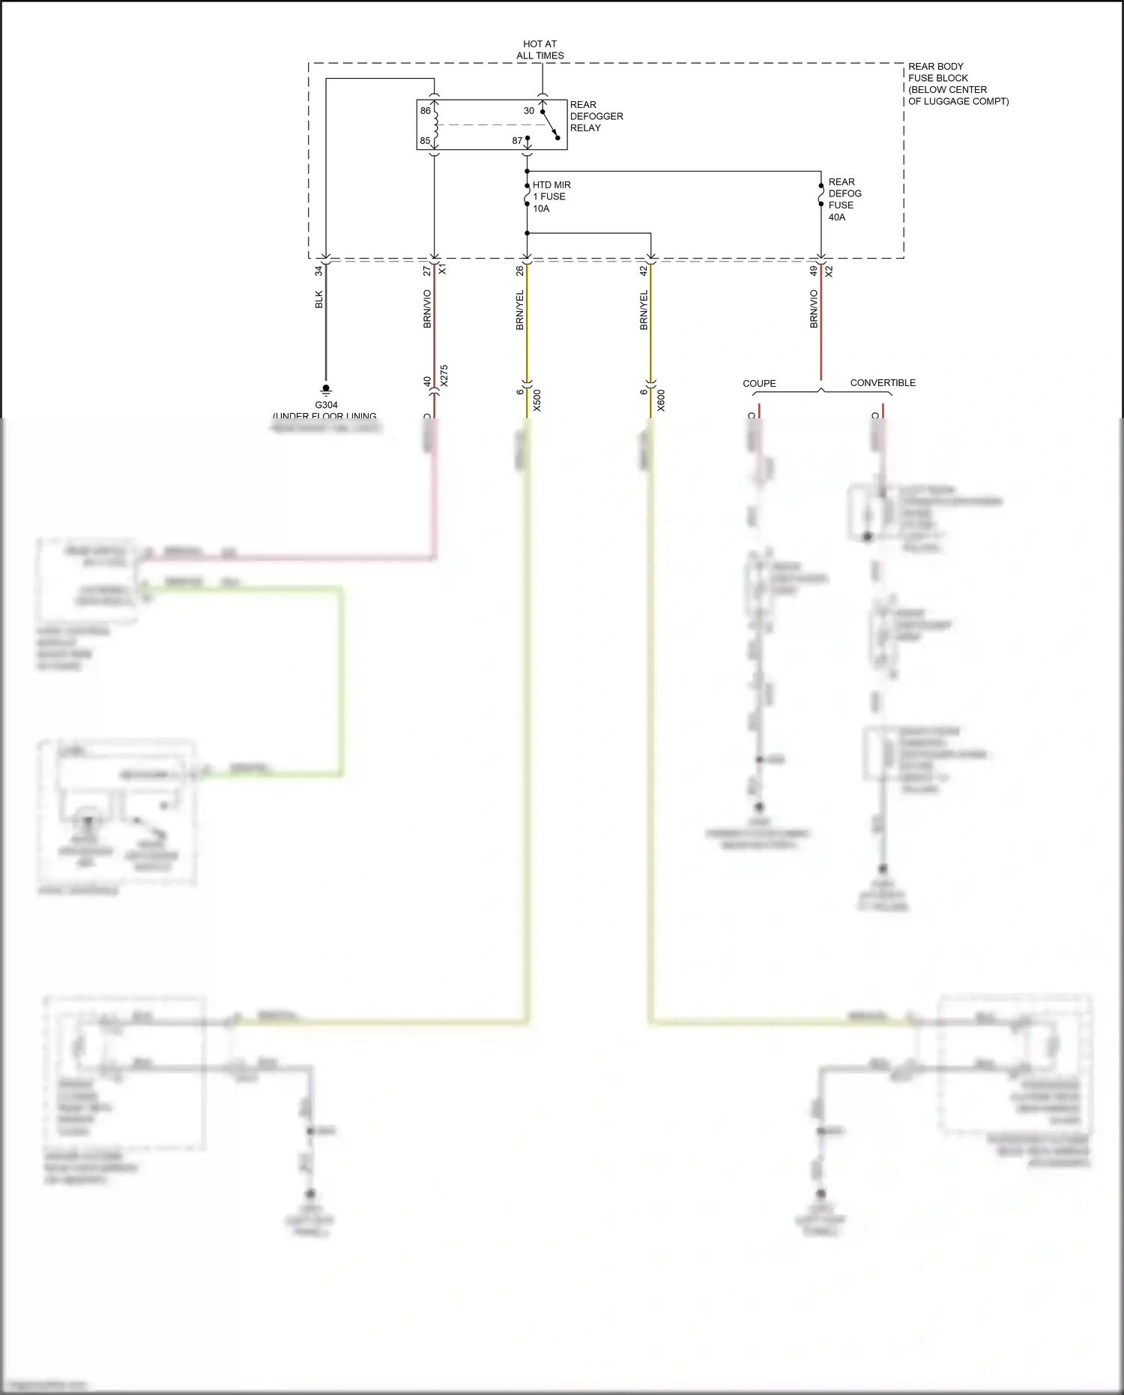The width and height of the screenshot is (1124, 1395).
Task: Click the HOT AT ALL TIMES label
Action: click(x=540, y=49)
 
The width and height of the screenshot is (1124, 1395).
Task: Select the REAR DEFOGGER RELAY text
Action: click(x=596, y=116)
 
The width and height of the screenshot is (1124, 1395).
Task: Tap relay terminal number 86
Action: click(x=426, y=111)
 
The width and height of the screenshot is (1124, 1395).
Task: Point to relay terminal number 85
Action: click(x=425, y=141)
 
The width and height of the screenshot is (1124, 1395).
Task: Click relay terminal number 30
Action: click(x=529, y=111)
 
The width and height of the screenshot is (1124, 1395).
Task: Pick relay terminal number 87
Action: click(x=517, y=141)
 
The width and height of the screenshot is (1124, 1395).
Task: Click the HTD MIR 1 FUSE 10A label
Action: click(x=552, y=196)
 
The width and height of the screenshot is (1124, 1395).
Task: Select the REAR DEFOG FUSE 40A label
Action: click(x=844, y=199)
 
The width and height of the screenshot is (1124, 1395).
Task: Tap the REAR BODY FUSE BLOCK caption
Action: click(x=958, y=83)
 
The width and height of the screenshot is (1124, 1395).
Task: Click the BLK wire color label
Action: click(x=318, y=299)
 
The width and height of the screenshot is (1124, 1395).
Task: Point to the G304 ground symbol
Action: click(x=326, y=390)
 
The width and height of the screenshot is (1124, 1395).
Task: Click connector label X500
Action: click(x=537, y=400)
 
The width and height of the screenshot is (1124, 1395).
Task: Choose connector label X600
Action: click(x=661, y=400)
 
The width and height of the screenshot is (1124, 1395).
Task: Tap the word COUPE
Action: click(x=759, y=383)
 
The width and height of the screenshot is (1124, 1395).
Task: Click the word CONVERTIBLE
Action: click(x=883, y=382)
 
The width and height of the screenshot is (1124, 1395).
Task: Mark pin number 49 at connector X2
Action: click(x=813, y=271)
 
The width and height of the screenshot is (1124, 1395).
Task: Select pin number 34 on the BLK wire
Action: click(x=318, y=271)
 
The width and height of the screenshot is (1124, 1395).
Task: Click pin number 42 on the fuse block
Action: click(x=643, y=271)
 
